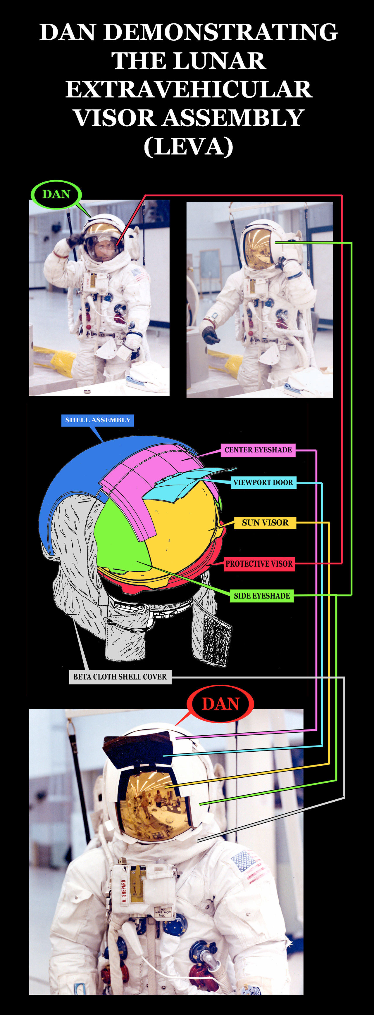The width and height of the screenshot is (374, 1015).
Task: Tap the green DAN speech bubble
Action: point(56,194)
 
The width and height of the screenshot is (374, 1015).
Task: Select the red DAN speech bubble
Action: point(220,704)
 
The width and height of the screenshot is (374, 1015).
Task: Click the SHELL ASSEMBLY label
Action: point(98,420)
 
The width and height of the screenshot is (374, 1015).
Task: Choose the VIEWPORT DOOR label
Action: point(263,482)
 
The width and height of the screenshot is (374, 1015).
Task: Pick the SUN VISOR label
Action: point(265,523)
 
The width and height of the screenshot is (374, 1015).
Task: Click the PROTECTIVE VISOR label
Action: point(259,564)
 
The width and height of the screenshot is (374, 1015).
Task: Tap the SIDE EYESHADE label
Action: point(262,596)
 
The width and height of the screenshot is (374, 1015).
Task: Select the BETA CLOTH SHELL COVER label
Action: point(120,677)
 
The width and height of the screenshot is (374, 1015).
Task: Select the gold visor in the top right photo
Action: point(258,248)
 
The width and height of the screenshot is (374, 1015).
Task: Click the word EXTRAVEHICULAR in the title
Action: point(189,89)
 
